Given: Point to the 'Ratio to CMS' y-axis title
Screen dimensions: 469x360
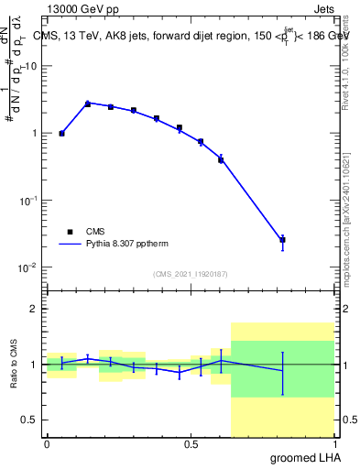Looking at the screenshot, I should [15, 365].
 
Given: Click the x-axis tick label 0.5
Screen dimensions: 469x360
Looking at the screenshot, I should [191, 444].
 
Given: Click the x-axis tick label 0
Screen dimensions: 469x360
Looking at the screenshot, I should [47, 444].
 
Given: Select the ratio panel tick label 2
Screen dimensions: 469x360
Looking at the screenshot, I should [32, 310].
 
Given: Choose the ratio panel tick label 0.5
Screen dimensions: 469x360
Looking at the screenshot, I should [28, 420].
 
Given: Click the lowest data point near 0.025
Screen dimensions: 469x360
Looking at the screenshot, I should [282, 240].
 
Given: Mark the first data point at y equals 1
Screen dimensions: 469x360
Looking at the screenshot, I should [61, 134].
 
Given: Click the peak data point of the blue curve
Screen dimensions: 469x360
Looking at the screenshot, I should [88, 104].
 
